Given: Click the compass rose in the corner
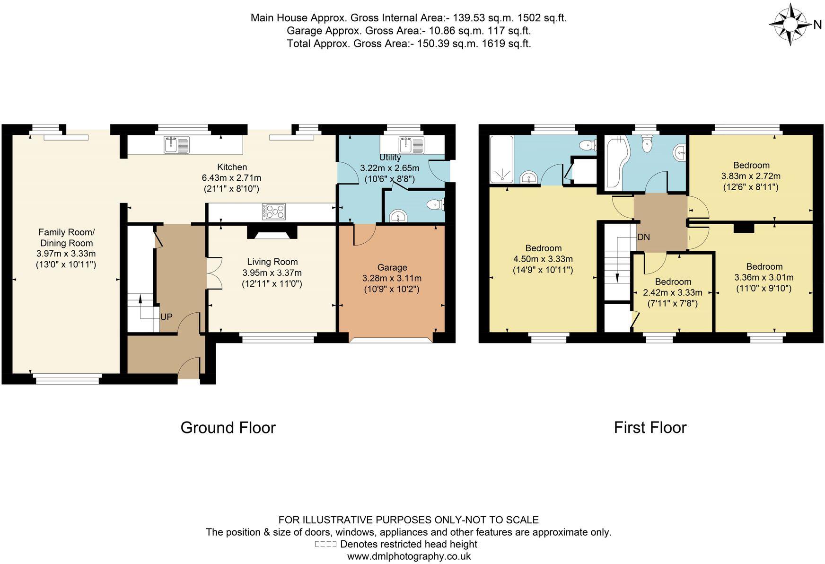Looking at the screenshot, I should pos(790,24).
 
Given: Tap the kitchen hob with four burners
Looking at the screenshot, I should pos(274,211).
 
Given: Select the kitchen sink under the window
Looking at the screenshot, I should pos(176,144).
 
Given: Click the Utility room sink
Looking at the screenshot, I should pos(411,145).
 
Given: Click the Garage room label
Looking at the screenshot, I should pos(392,267).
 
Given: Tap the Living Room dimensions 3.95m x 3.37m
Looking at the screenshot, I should pos(272,273).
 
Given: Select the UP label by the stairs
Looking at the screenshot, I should pos(166,317).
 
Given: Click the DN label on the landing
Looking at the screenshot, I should pos(643,237).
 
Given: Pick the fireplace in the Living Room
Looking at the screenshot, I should pos(272,232).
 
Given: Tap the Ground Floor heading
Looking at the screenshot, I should pos(228,428).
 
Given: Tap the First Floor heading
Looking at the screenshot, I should pos(650,428).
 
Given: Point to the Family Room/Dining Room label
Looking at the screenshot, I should pos(66,238).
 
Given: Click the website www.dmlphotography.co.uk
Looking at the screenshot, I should pos(409,556).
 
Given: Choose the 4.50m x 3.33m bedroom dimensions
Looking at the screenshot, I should pos(543,259).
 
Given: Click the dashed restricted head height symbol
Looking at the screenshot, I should pos(325,544).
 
